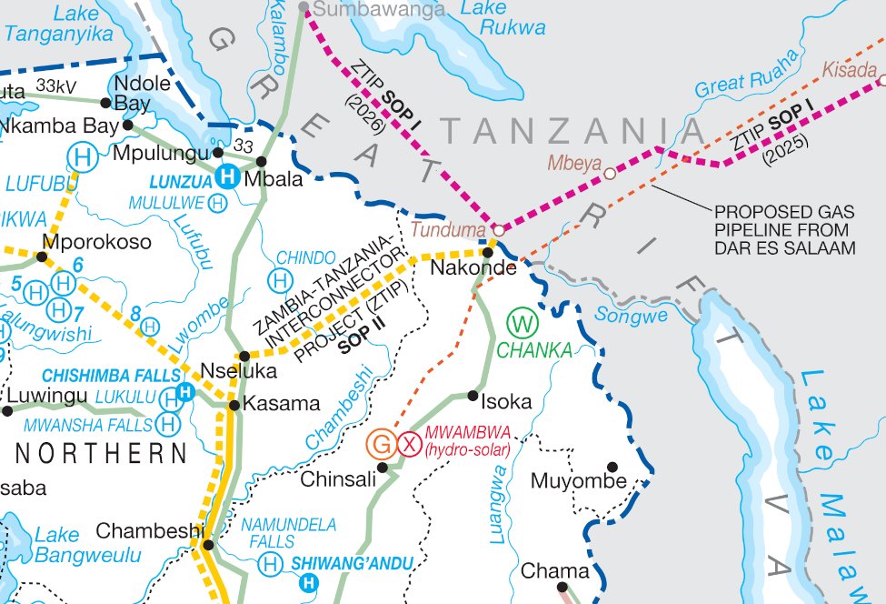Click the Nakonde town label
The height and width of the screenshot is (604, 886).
473,268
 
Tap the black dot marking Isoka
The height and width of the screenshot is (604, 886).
473,395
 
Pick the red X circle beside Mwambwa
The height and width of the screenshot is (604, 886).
410,444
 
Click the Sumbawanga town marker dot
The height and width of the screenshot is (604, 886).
305,10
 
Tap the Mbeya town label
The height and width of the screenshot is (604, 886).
574,163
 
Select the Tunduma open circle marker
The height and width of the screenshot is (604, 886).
498,230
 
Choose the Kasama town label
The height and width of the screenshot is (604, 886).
281,404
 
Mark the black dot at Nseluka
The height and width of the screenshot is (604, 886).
244,356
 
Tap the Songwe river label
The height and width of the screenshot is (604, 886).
631,316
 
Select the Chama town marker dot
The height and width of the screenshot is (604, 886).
561,587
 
